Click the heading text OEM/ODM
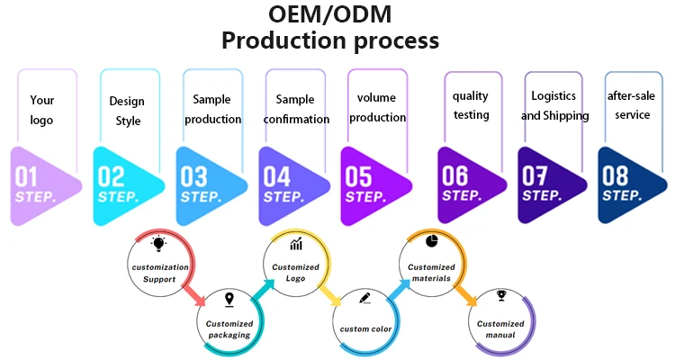pos(330,15)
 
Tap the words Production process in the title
pos(330,41)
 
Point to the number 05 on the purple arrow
pos(359,176)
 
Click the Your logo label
pos(42,111)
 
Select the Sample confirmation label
pos(295,109)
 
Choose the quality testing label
pos(471,104)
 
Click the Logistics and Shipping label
pos(554,105)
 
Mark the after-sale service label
pos(628,104)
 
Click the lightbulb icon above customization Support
pos(159,244)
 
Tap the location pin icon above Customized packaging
pos(229,300)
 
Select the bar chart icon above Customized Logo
pos(296,244)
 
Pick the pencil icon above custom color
pos(365,298)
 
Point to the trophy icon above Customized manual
pos(500,295)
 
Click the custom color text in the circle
pos(366,328)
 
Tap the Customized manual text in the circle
pos(500,329)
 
